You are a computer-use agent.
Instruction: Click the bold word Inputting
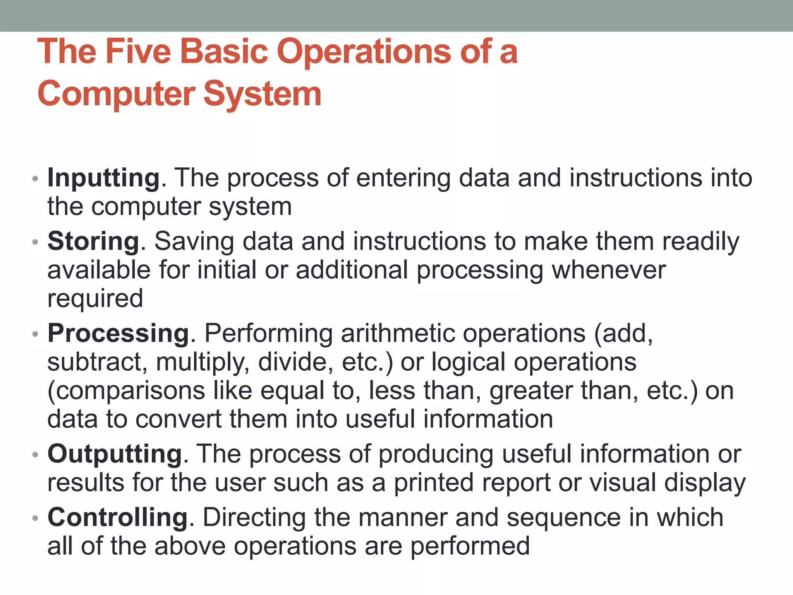click(103, 179)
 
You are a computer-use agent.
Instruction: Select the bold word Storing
click(93, 242)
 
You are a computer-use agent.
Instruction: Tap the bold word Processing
click(118, 334)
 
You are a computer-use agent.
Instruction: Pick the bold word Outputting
click(115, 454)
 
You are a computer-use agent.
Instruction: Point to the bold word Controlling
click(118, 518)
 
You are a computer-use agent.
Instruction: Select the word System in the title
click(263, 94)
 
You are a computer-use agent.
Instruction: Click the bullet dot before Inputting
click(35, 179)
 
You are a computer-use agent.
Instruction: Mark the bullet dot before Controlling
click(35, 518)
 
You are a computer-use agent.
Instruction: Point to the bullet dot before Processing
click(35, 334)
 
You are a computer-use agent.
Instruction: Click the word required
click(95, 299)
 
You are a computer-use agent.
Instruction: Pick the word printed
click(434, 483)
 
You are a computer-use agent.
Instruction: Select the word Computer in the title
click(117, 94)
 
